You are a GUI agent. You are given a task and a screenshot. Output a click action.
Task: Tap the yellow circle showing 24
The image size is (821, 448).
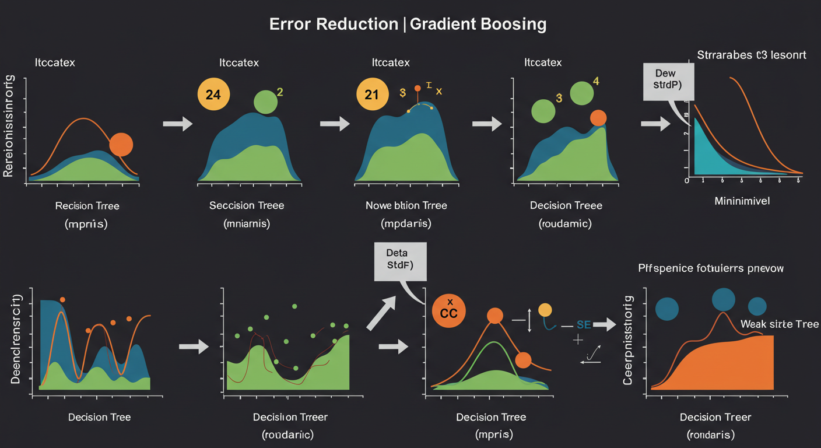[x=214, y=94]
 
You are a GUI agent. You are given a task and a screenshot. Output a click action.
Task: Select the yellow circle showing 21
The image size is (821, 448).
[x=372, y=94]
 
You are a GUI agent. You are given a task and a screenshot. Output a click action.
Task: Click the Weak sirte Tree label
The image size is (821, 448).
[x=779, y=324]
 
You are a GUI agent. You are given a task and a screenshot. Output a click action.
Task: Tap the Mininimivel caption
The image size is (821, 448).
[x=742, y=201]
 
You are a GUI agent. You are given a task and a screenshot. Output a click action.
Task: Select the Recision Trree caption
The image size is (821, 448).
[x=87, y=206]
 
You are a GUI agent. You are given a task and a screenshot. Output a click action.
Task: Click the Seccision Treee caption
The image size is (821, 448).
[x=246, y=206]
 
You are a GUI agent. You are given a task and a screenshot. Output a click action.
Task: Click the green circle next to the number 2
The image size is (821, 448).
[x=266, y=101]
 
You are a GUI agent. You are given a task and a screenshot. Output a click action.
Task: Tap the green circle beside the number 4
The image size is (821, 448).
[x=581, y=93]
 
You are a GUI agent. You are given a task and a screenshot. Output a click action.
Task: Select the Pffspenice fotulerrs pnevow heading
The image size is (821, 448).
[x=711, y=269]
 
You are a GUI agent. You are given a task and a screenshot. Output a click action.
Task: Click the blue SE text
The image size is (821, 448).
[x=584, y=325]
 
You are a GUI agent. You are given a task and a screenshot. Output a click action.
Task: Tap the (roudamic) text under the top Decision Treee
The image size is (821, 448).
[x=566, y=223]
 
